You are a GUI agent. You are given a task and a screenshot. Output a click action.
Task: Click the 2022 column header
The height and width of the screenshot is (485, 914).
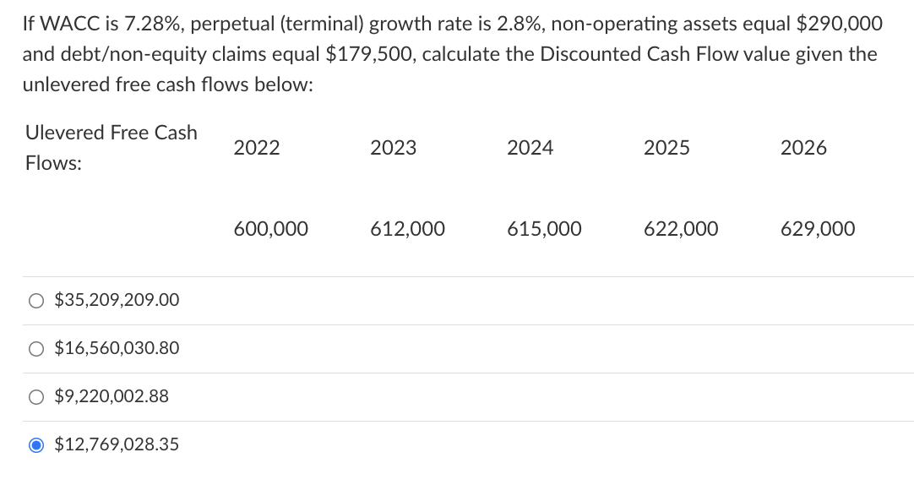[257, 148]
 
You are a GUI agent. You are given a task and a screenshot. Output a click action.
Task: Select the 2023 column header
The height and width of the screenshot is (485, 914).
[394, 148]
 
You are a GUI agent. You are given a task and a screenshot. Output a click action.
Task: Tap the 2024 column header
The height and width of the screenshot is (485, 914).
[530, 148]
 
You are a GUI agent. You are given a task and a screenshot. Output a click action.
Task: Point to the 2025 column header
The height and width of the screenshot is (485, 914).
[666, 148]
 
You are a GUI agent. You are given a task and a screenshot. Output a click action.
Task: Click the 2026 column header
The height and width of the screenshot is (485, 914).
[803, 148]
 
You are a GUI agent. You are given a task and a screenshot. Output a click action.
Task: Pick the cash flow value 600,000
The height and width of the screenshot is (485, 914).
[270, 229]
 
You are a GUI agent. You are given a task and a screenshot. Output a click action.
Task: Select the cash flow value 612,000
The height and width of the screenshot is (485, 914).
[407, 229]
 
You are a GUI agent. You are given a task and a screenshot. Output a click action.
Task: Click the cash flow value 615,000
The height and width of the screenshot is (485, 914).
[544, 229]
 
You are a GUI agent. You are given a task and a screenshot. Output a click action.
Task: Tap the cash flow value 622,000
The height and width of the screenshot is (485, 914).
[681, 229]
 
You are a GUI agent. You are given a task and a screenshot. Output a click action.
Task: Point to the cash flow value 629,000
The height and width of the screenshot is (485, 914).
[818, 229]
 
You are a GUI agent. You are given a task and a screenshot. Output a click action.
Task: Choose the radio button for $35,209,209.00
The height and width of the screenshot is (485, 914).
[36, 300]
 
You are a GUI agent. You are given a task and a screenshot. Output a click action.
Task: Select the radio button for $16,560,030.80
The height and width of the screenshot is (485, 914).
[36, 348]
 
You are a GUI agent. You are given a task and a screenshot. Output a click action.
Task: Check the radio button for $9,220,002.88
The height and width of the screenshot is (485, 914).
[36, 396]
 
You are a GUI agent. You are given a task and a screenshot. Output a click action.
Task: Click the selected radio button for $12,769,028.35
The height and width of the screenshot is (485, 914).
[36, 444]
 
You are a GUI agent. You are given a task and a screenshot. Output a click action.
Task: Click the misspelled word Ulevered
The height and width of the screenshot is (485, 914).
[63, 133]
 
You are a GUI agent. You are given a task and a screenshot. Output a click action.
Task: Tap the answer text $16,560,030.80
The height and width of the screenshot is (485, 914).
[117, 348]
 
